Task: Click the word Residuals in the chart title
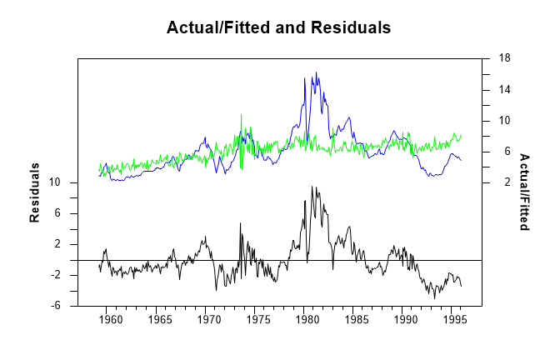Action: tap(351, 27)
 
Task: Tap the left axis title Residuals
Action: tap(36, 192)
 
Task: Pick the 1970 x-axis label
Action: tap(208, 319)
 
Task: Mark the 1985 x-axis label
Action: tap(355, 319)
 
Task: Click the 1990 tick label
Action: tap(404, 319)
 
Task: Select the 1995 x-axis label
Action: tap(453, 319)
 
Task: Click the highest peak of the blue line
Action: tap(317, 72)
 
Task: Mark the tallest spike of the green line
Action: tap(241, 115)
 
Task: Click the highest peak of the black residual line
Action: tap(311, 187)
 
